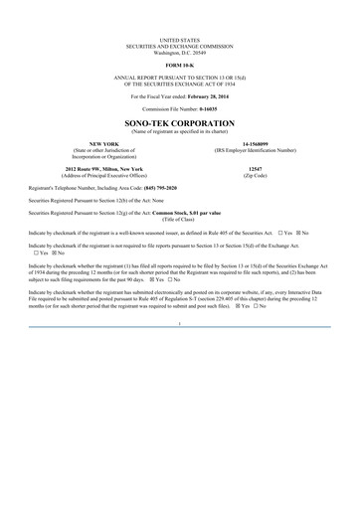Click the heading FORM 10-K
click(179, 66)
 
